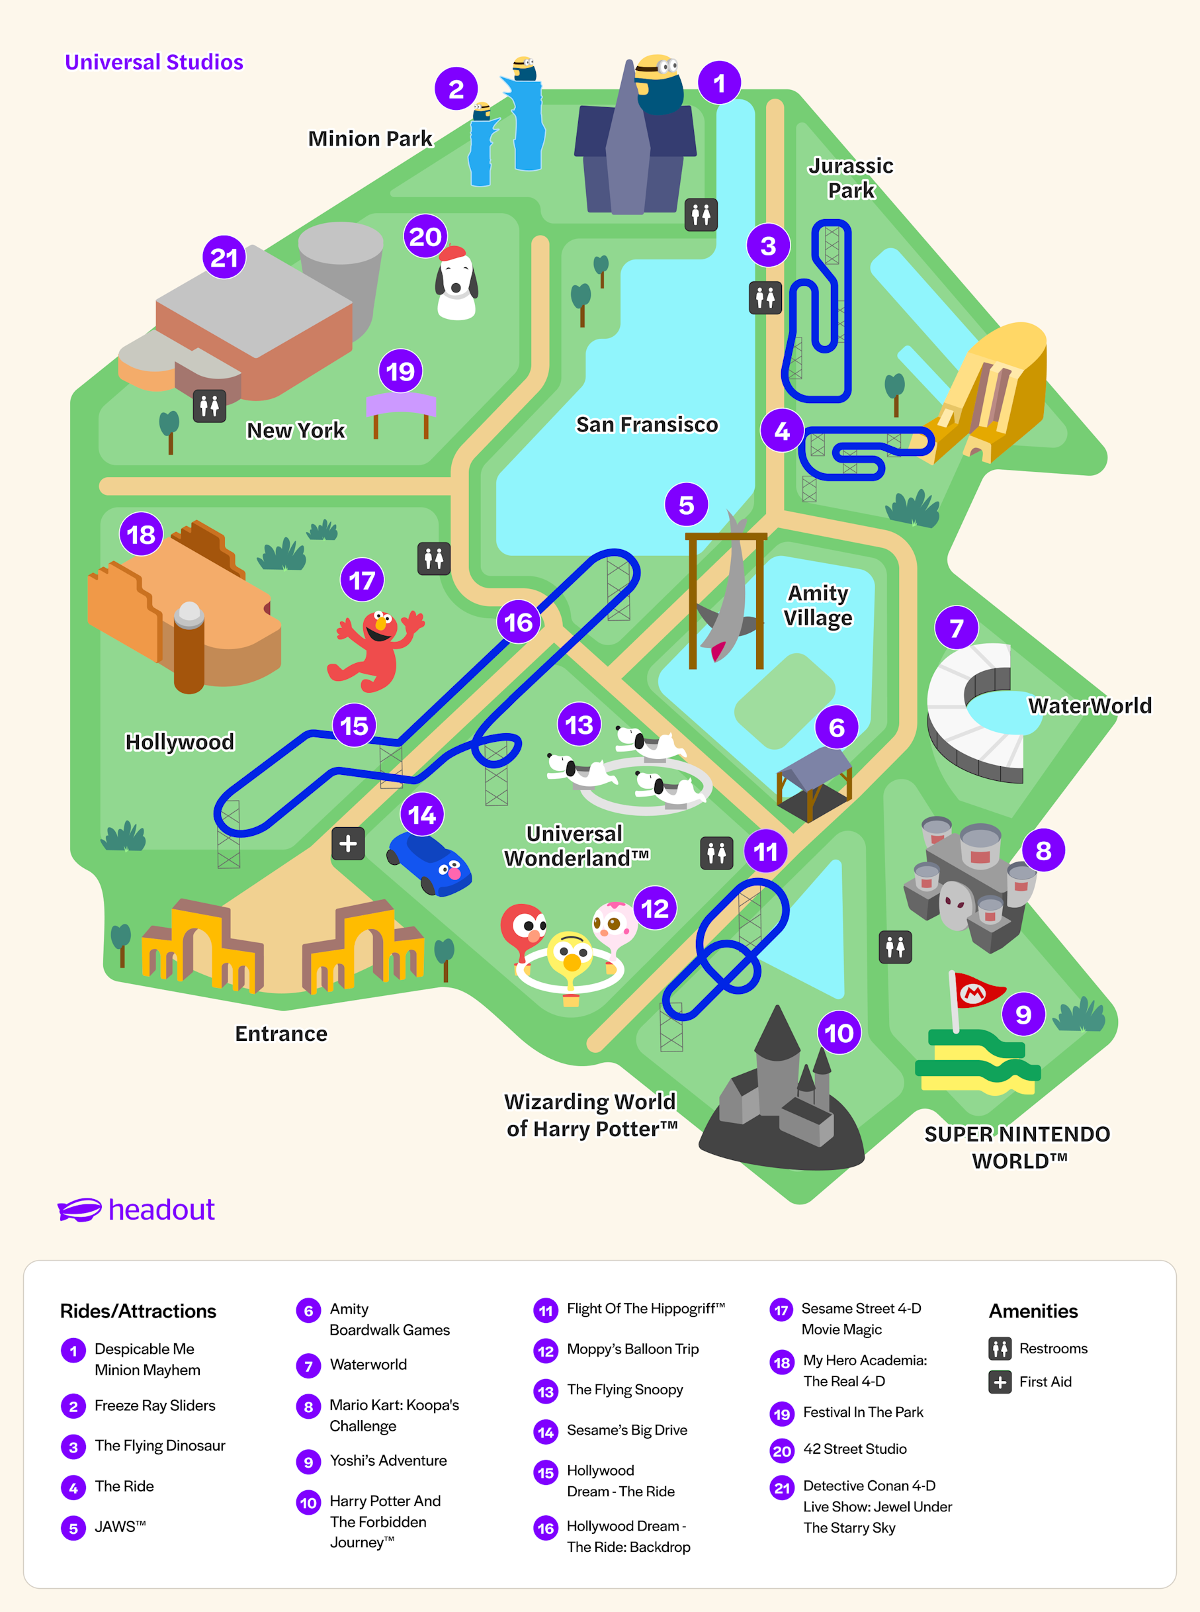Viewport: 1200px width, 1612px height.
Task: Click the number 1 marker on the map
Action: pyautogui.click(x=719, y=83)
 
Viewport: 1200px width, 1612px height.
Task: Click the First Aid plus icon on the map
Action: pyautogui.click(x=348, y=844)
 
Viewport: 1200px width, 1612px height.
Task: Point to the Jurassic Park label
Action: pyautogui.click(x=851, y=178)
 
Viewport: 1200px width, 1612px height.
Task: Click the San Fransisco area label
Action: pyautogui.click(x=646, y=424)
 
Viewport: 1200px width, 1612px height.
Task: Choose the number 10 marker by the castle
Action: pyautogui.click(x=839, y=1032)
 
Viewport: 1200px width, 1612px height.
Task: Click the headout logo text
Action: pyautogui.click(x=161, y=1210)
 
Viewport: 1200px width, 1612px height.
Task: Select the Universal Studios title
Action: pyautogui.click(x=154, y=62)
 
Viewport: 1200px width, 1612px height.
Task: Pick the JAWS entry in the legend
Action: pyautogui.click(x=120, y=1526)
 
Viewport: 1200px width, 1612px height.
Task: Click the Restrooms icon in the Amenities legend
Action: pyautogui.click(x=1000, y=1349)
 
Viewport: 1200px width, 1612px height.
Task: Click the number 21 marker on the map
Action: pyautogui.click(x=224, y=257)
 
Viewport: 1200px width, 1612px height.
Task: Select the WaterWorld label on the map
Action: pyautogui.click(x=1090, y=705)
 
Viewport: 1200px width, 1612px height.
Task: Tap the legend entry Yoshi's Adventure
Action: pyautogui.click(x=388, y=1460)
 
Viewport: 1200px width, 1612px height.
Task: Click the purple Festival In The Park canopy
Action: pyautogui.click(x=400, y=404)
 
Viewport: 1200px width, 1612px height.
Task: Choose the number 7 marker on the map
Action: pyautogui.click(x=956, y=627)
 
